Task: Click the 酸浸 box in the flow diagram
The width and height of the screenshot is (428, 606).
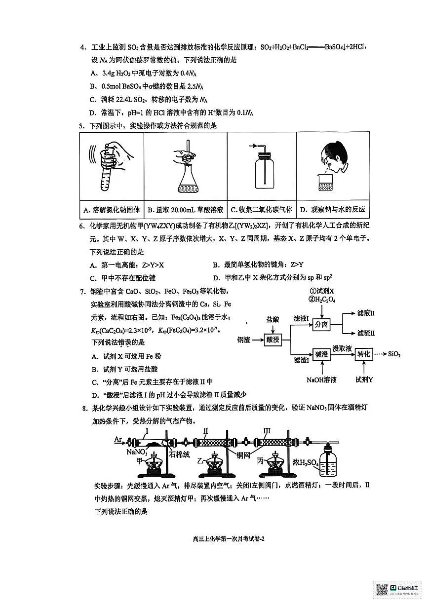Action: pos(272,340)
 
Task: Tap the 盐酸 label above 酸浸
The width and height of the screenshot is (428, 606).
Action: pos(272,320)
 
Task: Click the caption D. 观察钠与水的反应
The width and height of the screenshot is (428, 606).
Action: pos(332,210)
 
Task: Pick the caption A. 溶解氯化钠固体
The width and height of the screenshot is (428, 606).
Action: pos(112,210)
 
